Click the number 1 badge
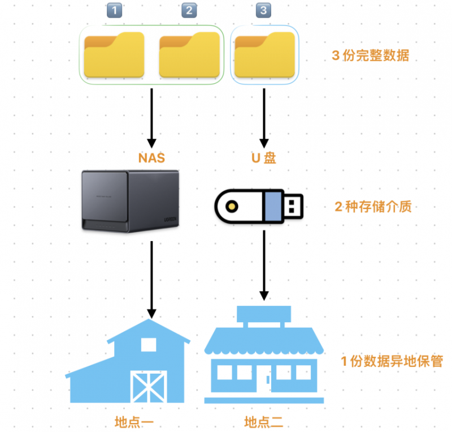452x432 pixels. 115,10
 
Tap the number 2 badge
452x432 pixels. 189,10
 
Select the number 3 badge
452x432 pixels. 263,10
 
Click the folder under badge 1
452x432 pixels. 114,54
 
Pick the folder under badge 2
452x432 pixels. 189,54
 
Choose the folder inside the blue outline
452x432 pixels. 264,54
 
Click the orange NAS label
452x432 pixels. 151,158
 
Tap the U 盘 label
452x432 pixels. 264,158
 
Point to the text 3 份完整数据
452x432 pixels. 371,55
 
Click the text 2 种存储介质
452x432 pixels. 373,207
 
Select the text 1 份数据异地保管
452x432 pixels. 392,361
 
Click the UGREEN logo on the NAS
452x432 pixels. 170,220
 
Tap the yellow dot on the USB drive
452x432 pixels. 232,207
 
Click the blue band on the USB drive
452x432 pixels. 273,206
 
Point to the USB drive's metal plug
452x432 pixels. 293,206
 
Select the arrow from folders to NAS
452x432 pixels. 151,118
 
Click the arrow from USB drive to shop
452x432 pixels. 264,266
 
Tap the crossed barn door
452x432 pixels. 149,387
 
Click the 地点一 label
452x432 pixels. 134,422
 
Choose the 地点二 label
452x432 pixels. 263,422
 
